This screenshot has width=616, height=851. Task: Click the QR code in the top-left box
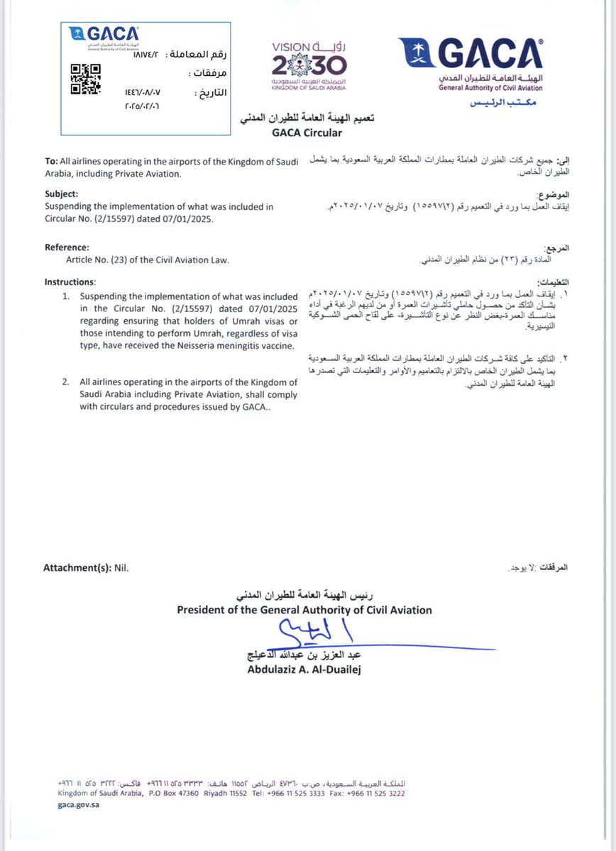[x=85, y=79]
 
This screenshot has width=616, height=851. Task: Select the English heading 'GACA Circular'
[x=307, y=133]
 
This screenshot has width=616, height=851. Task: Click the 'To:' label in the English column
[x=52, y=162]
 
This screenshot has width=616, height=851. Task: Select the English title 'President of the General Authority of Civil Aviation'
[x=304, y=610]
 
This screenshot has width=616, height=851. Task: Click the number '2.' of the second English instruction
[x=65, y=382]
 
